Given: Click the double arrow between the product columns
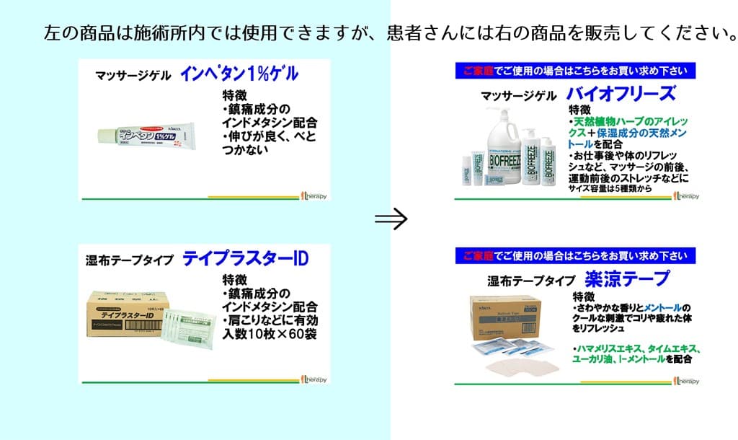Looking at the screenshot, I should pos(391,219).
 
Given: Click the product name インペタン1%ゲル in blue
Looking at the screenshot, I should pos(239,74).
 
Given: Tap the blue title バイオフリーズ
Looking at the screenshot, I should pos(621,93).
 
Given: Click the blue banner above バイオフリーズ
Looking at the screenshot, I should pos(575,71).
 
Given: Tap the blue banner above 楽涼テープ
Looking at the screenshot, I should pos(575,255).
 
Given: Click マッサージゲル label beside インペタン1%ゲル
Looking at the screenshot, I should pos(133,75).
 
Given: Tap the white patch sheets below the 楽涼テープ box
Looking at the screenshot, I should pos(523,365).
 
